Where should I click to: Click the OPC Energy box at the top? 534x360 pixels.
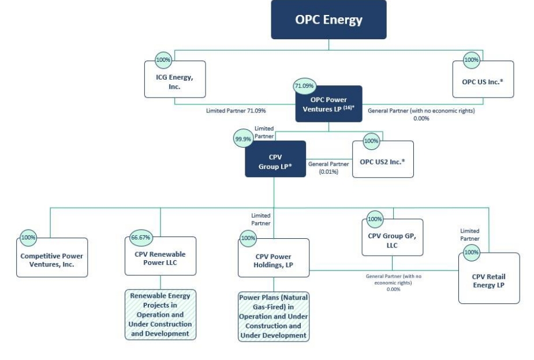click(x=328, y=21)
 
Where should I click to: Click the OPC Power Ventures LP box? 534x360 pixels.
click(x=328, y=104)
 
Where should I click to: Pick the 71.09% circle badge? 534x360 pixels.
click(x=305, y=86)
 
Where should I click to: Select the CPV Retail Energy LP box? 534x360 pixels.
click(x=488, y=279)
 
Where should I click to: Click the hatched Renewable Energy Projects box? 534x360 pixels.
click(x=160, y=315)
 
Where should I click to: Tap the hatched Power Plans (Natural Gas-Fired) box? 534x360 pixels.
click(x=274, y=317)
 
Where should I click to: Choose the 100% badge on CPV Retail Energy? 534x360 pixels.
click(x=471, y=252)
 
